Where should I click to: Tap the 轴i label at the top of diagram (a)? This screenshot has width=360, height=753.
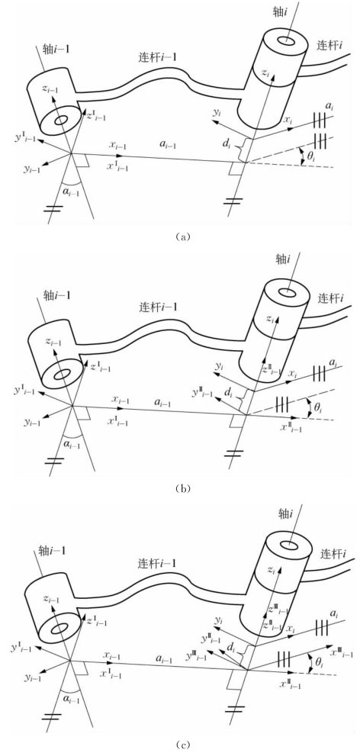click(x=287, y=15)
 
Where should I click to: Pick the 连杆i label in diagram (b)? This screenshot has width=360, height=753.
click(x=332, y=298)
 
